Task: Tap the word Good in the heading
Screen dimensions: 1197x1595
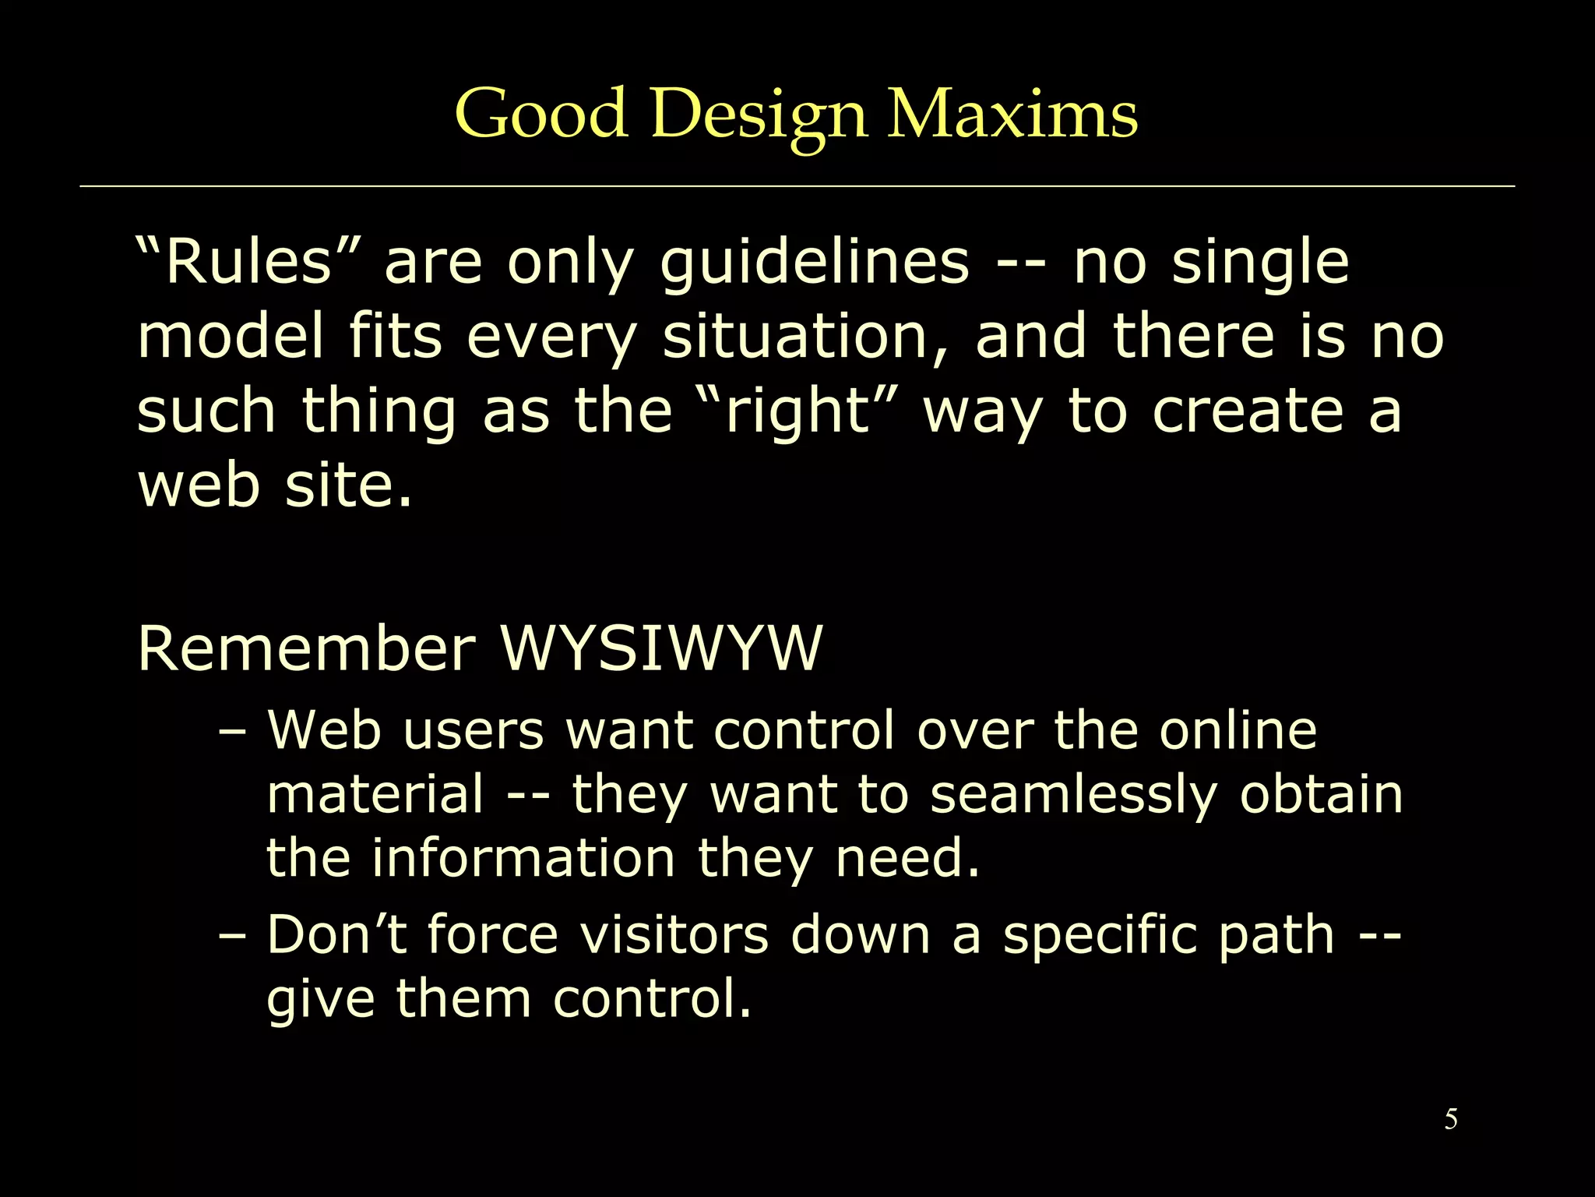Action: [x=541, y=115]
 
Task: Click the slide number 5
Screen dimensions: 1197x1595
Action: [x=1451, y=1119]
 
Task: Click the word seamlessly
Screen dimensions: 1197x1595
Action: [x=1073, y=795]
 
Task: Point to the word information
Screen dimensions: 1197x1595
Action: [x=523, y=858]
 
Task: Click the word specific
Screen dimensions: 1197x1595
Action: [x=1099, y=935]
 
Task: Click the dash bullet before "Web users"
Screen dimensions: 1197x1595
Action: [x=232, y=732]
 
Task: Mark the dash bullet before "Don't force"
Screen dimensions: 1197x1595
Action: [x=232, y=935]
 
